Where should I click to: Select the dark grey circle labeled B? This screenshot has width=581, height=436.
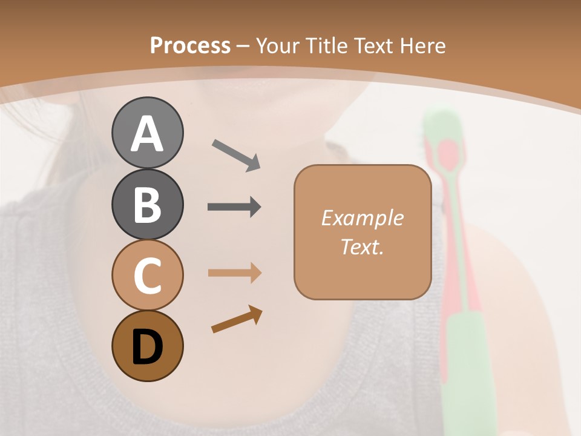coord(147,205)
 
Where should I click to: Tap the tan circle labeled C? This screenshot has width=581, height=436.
coord(147,275)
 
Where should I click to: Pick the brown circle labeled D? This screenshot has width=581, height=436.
coord(147,346)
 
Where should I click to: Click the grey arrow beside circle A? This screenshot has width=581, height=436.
coord(236,154)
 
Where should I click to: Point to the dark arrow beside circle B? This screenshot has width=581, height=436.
coord(234,207)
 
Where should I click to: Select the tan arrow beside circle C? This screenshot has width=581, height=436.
coord(234,273)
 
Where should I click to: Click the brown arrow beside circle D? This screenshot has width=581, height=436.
coord(237,320)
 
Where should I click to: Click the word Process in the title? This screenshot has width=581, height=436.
coord(190,46)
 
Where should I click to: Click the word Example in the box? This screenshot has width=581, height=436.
coord(362,218)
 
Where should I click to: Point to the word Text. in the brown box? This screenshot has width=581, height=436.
coord(362,247)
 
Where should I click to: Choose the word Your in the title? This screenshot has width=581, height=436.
coord(277,46)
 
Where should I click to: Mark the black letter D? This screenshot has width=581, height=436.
coord(147,347)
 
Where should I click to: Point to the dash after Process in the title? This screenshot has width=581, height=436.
coord(243,47)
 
